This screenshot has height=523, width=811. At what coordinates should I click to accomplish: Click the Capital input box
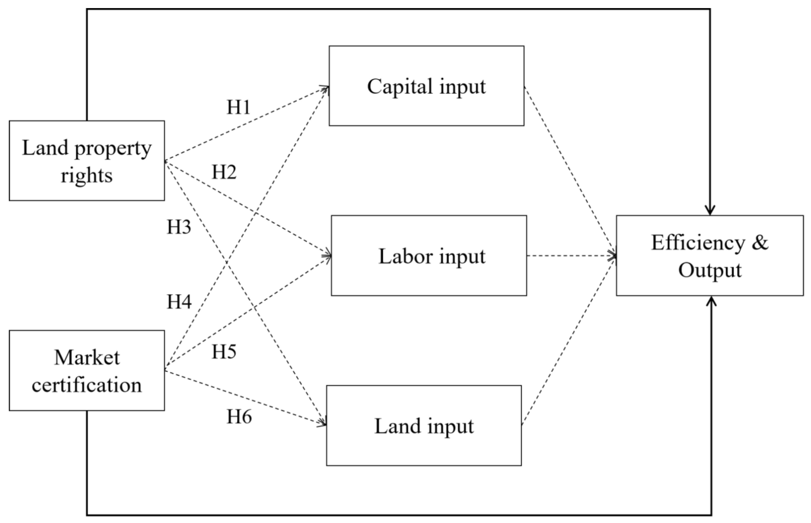click(426, 86)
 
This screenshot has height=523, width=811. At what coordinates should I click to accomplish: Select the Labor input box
click(429, 255)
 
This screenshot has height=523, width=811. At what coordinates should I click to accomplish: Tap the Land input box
click(424, 425)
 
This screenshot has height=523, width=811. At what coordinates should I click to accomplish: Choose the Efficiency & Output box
click(709, 255)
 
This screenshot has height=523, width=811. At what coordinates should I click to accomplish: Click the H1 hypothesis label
click(238, 107)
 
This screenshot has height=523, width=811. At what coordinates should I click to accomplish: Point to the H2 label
click(224, 172)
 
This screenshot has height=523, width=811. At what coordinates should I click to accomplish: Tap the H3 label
click(179, 227)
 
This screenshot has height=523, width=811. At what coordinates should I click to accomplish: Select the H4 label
click(179, 302)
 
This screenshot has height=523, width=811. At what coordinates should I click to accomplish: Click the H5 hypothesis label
click(224, 352)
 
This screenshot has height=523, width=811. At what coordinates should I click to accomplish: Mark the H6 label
click(239, 416)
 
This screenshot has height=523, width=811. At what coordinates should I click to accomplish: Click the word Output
click(710, 270)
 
